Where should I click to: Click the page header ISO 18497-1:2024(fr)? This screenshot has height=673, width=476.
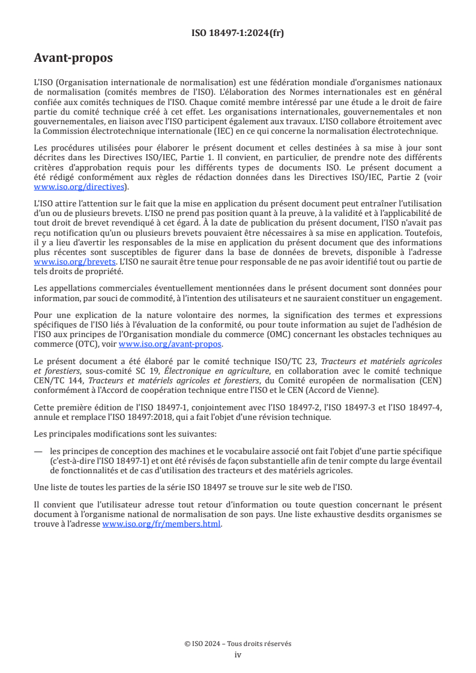tap(238, 34)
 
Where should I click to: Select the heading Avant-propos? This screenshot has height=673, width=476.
tap(73, 59)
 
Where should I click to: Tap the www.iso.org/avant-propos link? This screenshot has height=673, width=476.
tap(170, 344)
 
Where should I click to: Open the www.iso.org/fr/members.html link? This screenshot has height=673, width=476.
tap(162, 524)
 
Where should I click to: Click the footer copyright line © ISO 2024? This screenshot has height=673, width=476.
tap(238, 643)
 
